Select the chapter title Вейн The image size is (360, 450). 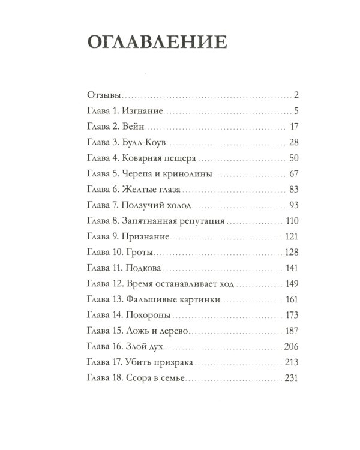point(134,127)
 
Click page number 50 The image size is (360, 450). point(293,158)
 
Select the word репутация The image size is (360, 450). point(199,221)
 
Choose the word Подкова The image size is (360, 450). point(144,268)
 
